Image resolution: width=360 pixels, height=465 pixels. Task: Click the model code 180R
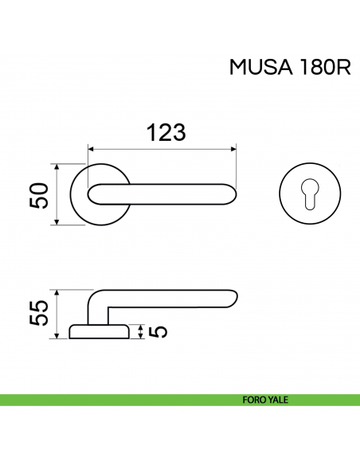point(323,68)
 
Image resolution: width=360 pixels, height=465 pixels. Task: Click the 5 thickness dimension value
point(156,331)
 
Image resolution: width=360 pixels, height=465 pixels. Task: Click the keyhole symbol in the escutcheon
point(310,193)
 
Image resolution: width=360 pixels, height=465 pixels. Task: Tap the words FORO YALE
point(266,401)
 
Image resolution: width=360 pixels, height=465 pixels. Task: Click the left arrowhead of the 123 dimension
point(91,148)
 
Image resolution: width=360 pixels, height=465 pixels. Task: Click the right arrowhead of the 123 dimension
point(234,148)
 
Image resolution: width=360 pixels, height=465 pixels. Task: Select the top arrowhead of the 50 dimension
point(57,167)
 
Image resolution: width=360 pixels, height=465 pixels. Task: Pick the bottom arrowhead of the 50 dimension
point(57,222)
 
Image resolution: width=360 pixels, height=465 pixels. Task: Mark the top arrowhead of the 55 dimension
point(57,292)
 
